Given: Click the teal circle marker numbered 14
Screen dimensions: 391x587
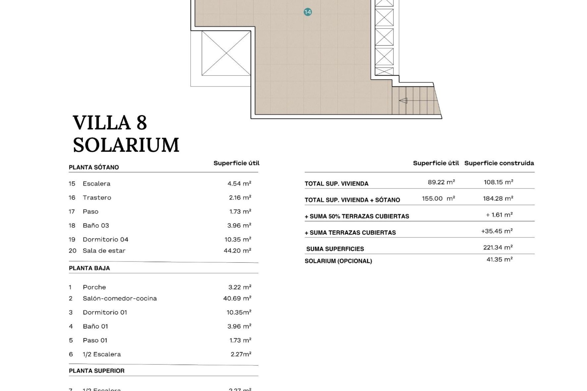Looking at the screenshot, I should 308,12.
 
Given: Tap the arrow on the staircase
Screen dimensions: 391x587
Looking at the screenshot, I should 403,100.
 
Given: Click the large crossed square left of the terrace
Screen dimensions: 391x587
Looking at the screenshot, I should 226,53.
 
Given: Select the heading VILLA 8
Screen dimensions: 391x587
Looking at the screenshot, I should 110,123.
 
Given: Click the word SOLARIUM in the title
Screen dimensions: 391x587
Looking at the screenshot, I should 126,145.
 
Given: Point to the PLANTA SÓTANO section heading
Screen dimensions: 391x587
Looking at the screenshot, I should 94,167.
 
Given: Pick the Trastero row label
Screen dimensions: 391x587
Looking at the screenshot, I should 97,198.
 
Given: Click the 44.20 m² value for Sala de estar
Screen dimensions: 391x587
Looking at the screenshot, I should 237,251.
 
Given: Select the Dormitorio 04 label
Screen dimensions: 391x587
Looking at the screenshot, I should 105,239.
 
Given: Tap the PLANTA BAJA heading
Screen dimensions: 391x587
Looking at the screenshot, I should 89,268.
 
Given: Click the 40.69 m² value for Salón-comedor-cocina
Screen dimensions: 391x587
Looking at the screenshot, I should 237,298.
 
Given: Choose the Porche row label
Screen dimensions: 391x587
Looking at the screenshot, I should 94,287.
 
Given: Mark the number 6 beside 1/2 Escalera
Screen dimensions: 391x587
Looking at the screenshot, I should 71,354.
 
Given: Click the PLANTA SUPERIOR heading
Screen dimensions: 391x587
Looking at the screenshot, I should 97,371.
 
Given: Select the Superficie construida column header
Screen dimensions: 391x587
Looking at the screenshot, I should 499,163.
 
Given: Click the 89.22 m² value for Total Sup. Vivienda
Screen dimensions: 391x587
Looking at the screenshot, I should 441,182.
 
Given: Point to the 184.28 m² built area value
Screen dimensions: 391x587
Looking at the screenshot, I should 498,199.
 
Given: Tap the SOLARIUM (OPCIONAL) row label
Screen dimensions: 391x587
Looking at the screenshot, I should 338,261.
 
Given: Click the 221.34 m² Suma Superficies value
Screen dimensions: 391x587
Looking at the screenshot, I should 498,247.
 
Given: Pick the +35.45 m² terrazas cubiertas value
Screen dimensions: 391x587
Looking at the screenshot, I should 497,231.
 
